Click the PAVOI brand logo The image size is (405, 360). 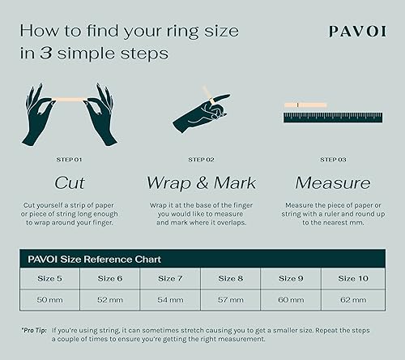point(356,32)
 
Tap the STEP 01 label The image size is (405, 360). point(70,160)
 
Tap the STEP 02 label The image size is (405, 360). point(202,160)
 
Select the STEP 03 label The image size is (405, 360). point(333,160)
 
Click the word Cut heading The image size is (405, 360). point(70,182)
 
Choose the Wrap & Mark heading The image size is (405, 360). point(202,182)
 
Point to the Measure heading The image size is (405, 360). point(333,182)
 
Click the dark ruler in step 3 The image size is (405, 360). point(333,118)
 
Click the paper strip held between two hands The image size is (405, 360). point(70,99)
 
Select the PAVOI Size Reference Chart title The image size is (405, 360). point(92,259)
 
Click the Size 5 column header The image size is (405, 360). point(50,278)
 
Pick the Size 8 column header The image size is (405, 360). point(232,278)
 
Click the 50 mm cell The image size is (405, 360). point(50,299)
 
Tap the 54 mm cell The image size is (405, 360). point(171,299)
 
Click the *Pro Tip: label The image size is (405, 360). point(33,331)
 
